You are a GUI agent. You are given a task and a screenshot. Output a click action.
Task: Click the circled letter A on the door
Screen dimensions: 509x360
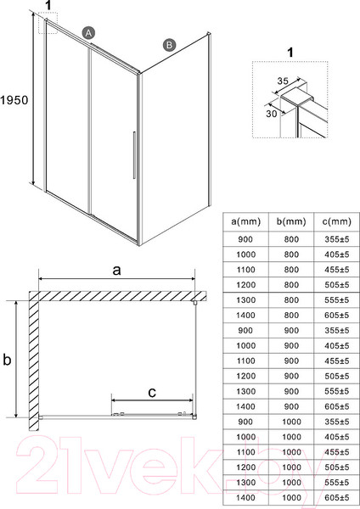[87, 32]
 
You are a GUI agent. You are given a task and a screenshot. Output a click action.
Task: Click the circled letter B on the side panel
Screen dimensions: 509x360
[169, 44]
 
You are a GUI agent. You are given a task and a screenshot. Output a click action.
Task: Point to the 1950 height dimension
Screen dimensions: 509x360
[15, 99]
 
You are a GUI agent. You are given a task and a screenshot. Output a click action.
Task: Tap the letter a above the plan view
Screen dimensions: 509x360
[118, 270]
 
